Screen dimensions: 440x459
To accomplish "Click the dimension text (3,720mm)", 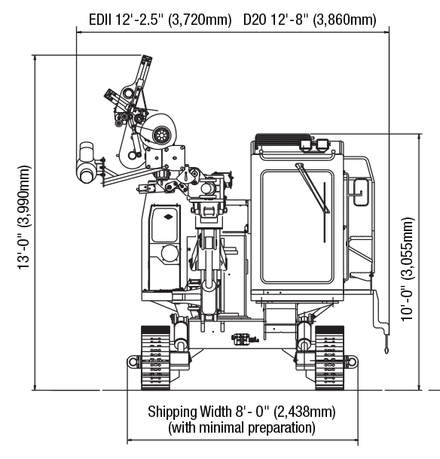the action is pyautogui.click(x=200, y=20).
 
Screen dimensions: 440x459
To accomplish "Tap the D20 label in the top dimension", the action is pyautogui.click(x=255, y=20).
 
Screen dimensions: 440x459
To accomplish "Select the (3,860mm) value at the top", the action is pyautogui.click(x=344, y=20).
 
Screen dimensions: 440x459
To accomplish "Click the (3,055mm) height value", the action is pyautogui.click(x=407, y=248).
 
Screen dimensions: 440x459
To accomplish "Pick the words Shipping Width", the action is pyautogui.click(x=189, y=412).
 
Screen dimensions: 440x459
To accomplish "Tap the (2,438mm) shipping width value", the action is pyautogui.click(x=304, y=412).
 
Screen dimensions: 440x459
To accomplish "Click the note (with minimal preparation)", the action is pyautogui.click(x=242, y=427).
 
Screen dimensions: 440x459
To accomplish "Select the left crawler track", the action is pyautogui.click(x=155, y=357).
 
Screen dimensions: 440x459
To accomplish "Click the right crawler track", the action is pyautogui.click(x=329, y=357).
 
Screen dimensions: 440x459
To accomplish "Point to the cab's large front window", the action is pyautogui.click(x=298, y=226).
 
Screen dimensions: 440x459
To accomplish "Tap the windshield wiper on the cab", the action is pyautogui.click(x=312, y=187).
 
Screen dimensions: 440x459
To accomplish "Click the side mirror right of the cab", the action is pyautogui.click(x=361, y=193).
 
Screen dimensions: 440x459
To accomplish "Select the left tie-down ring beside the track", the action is pyautogui.click(x=133, y=361).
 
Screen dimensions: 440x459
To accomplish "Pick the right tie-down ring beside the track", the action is pyautogui.click(x=352, y=361).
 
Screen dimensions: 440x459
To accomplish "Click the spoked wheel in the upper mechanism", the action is pyautogui.click(x=160, y=135).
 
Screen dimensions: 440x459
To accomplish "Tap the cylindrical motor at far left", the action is pyautogui.click(x=86, y=163).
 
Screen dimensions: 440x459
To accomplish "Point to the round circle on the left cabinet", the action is pyautogui.click(x=170, y=254).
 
